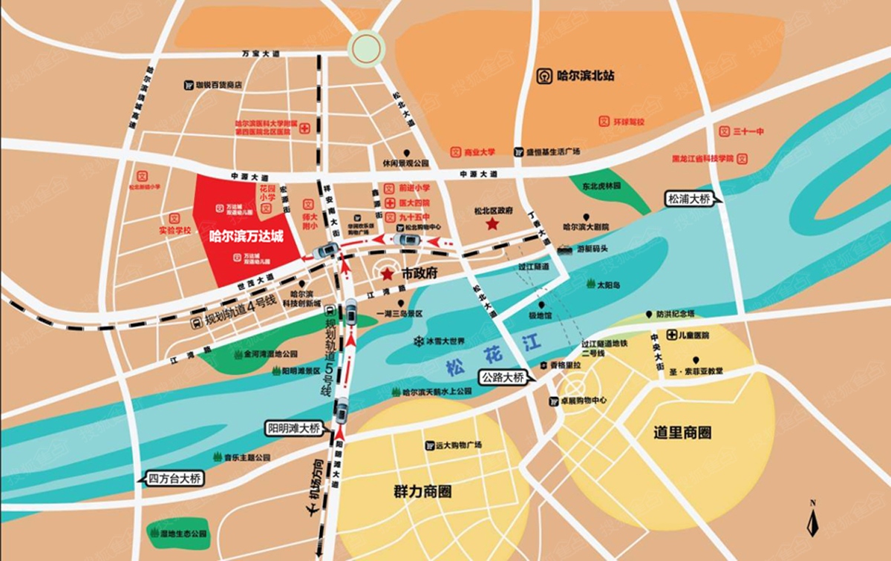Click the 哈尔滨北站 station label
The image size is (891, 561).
click(576, 76)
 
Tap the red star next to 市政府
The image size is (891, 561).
click(387, 274)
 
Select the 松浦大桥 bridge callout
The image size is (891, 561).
click(690, 199)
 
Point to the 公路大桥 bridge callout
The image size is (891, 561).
click(503, 377)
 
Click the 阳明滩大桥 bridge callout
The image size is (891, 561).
click(295, 428)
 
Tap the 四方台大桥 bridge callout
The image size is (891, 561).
click(174, 479)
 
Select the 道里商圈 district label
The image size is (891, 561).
click(682, 433)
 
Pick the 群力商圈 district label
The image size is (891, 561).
click(422, 491)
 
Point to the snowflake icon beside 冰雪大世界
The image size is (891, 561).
click(417, 341)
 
